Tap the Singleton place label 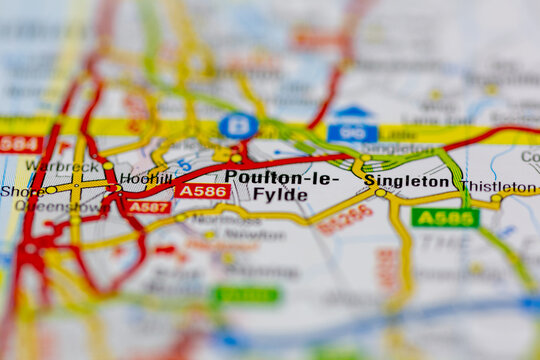[412, 181]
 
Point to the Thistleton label [498, 186]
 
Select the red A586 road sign [202, 190]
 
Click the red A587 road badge [148, 207]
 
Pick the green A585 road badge [445, 217]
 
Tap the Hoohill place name [146, 180]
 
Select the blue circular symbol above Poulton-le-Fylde [238, 126]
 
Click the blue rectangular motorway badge [352, 131]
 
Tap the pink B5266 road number [345, 218]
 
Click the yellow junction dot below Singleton [380, 193]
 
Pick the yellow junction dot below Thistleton [495, 198]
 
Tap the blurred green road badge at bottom [246, 295]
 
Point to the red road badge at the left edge [20, 144]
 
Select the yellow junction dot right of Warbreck [108, 166]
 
